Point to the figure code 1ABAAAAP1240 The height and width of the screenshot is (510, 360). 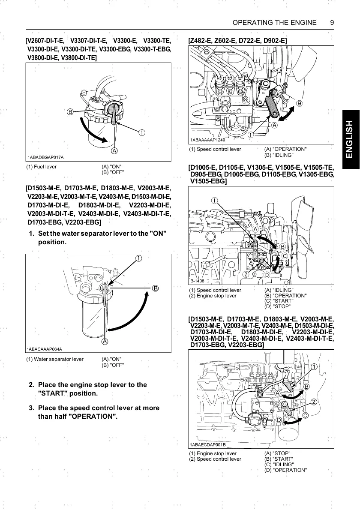coord(207,140)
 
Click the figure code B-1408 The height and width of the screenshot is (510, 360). coord(197,281)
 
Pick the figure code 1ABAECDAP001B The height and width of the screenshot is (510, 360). coord(207,444)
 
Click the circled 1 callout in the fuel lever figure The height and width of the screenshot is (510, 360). coord(141,132)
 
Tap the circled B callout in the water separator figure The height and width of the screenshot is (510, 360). coord(155,288)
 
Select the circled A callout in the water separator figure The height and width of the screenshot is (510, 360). coord(105,342)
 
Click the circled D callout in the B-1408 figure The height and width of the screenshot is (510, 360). coord(266,275)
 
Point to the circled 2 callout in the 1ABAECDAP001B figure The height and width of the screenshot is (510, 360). coord(314,402)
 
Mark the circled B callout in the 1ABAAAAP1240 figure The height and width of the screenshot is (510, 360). coord(299,103)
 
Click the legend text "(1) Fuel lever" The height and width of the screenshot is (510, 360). coord(42,166)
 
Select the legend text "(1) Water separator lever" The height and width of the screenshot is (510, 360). coord(55,359)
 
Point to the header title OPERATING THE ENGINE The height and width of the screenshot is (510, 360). coord(274,22)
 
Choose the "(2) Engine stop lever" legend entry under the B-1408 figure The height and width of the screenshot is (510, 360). coord(213,296)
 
